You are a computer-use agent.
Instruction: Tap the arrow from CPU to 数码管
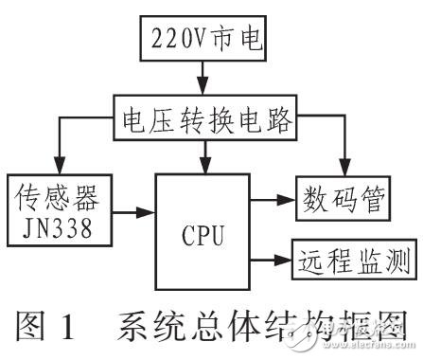pos(274,200)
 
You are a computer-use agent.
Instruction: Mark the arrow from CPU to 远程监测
pos(274,257)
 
